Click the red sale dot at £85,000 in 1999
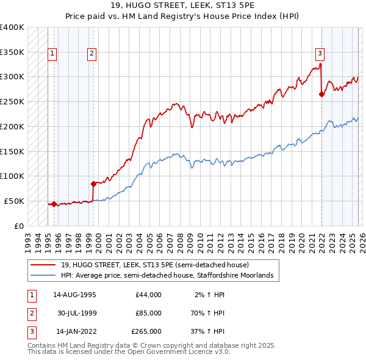click(x=93, y=183)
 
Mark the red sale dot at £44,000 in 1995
click(x=54, y=204)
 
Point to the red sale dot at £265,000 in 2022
click(x=321, y=94)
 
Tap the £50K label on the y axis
click(x=15, y=201)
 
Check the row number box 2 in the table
click(x=30, y=313)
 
